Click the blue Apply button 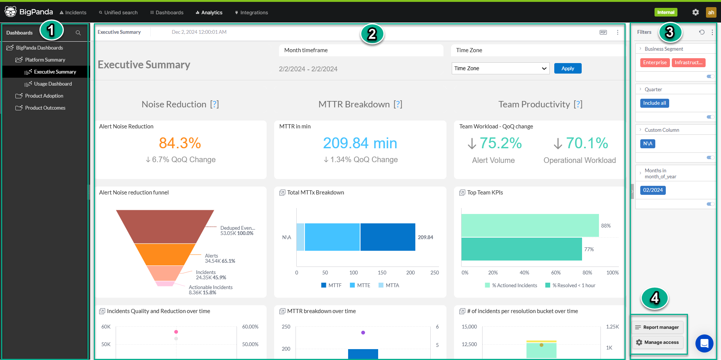(x=567, y=68)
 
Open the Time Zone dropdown (x=500, y=68)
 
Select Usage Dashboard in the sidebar (x=53, y=84)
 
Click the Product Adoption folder (x=44, y=96)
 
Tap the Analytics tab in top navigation (x=209, y=12)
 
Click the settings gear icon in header (x=695, y=12)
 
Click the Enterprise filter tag (x=655, y=63)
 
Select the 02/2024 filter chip (x=653, y=190)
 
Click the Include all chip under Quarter (x=654, y=103)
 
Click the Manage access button (x=658, y=342)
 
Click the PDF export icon (x=603, y=32)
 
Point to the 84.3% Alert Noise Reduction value (x=180, y=143)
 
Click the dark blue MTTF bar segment (x=388, y=237)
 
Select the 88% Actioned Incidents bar (x=529, y=225)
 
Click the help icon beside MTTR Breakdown (x=398, y=104)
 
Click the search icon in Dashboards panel (x=78, y=33)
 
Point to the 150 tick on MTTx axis (x=382, y=273)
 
